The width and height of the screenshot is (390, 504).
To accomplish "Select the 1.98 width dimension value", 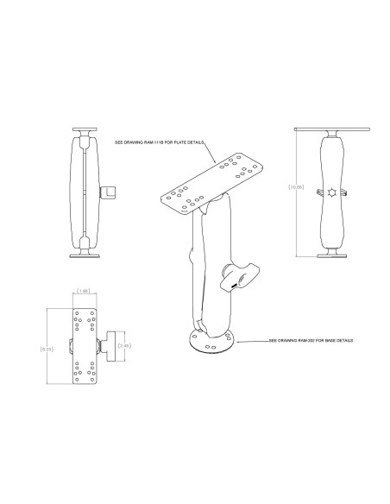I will tap(84, 291).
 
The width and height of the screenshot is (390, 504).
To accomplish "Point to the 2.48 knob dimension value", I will tap(125, 346).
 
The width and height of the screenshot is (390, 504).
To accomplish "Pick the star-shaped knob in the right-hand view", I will tap(332, 191).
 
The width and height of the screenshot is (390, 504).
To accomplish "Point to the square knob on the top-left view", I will tap(110, 190).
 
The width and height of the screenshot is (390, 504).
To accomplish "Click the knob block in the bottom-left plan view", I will tap(109, 346).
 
